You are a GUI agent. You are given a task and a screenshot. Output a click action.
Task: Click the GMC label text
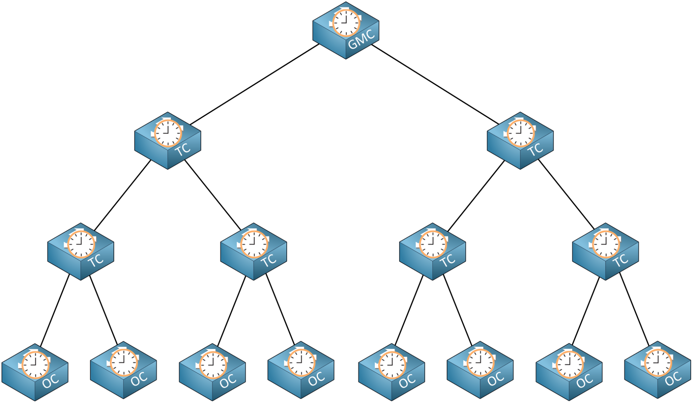point(361,39)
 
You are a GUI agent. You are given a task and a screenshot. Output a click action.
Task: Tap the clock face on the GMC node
point(346,23)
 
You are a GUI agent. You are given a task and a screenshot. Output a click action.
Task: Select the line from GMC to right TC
point(435,84)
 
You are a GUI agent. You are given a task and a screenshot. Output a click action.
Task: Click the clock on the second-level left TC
point(168,133)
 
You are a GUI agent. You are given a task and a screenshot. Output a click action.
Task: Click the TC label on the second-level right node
point(535,150)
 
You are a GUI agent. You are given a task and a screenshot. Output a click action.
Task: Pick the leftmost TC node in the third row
point(81,252)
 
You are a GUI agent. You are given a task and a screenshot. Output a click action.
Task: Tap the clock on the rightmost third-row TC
point(606,244)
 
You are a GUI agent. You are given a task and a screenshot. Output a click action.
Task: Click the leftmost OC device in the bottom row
point(35,372)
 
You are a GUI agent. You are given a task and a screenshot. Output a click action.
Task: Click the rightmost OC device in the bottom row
point(657,370)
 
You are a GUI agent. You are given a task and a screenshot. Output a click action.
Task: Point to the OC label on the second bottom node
point(139,380)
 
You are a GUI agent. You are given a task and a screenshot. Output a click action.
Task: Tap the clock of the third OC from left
point(213,365)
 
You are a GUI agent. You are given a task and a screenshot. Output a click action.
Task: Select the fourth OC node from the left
point(301,370)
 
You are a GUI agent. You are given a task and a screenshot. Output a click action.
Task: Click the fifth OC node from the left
point(391,372)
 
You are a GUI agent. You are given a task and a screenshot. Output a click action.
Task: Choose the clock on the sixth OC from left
point(481,363)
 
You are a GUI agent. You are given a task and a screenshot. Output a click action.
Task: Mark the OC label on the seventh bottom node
point(584,382)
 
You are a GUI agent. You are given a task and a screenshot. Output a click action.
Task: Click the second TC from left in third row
point(253,252)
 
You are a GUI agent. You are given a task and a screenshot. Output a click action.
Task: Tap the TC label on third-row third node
point(447,261)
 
